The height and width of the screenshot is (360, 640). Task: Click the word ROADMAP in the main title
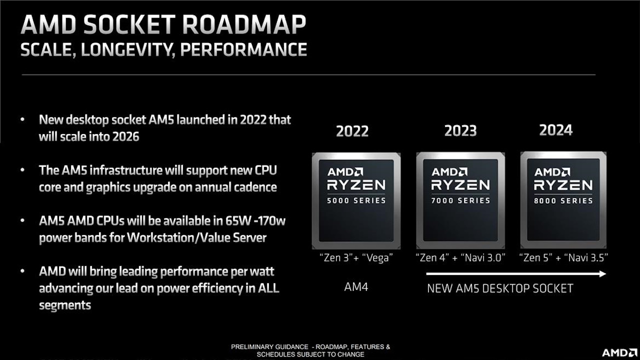point(244,24)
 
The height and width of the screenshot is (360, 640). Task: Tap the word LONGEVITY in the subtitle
point(128,49)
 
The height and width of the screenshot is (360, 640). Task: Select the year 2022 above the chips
point(352,131)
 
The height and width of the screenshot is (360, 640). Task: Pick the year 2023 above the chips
point(460,130)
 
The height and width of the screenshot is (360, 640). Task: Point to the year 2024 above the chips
point(555,130)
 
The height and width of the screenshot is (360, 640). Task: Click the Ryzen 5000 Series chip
point(356,200)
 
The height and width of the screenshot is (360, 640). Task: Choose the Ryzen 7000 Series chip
point(460,200)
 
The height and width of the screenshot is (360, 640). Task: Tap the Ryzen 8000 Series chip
point(563,200)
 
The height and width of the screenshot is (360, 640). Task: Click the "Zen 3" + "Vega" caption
point(356,257)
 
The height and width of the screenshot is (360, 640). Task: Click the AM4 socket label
point(356,287)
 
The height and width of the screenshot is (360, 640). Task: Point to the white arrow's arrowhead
point(602,273)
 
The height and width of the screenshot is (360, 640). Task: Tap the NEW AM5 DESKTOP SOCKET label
point(500,288)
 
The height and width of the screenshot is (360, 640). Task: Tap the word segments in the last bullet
point(65,305)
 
